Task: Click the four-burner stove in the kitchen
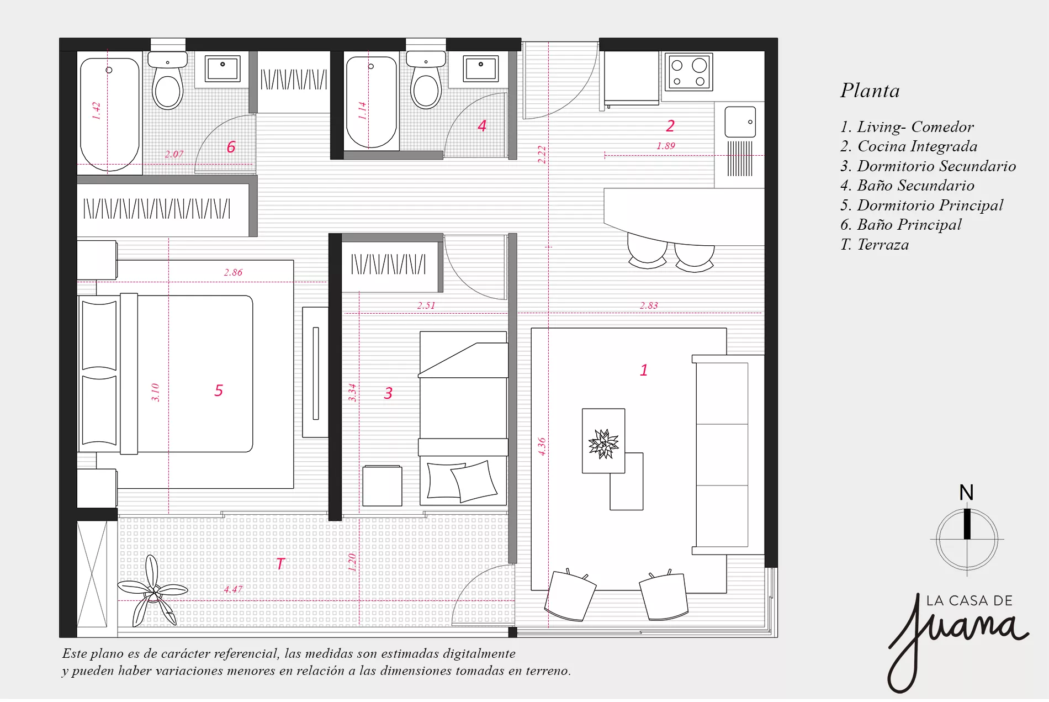pos(688,72)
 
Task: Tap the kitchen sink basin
pos(740,122)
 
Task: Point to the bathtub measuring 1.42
pos(110,114)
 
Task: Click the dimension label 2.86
pos(233,272)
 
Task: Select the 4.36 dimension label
pos(542,446)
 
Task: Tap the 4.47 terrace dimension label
pos(233,589)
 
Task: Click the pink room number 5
pos(219,390)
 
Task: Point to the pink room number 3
pos(388,393)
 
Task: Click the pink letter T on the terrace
pos(280,564)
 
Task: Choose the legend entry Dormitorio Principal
pos(921,205)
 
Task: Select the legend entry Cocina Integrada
pos(909,146)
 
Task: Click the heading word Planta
pos(870,91)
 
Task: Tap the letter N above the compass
pos(966,493)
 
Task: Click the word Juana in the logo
pos(958,635)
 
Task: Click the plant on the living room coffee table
pos(603,444)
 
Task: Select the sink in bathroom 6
pos(222,69)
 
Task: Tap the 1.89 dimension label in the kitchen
pos(666,146)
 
